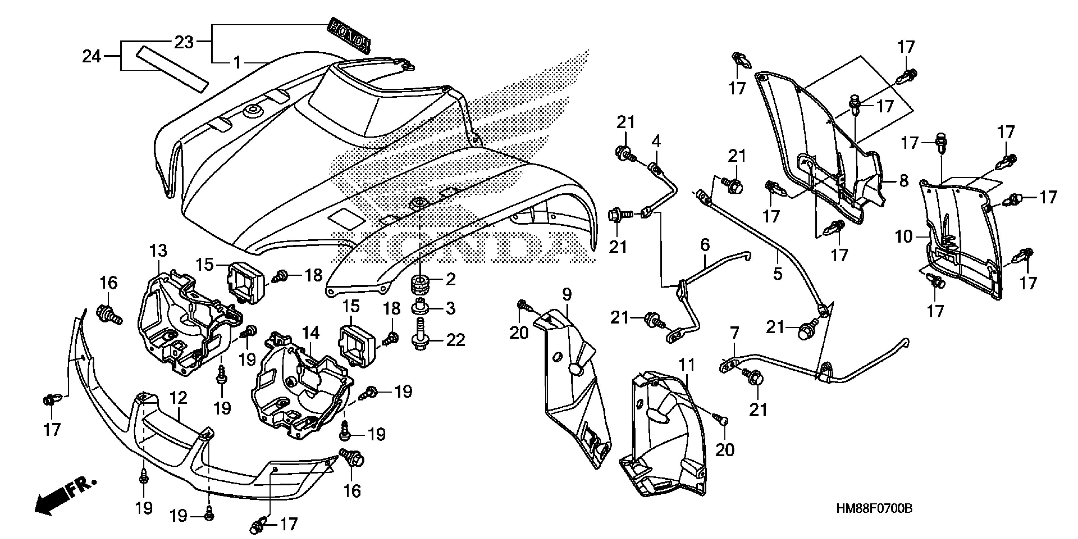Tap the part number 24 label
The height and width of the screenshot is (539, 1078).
pyautogui.click(x=92, y=56)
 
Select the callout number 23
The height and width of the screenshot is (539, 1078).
pyautogui.click(x=184, y=42)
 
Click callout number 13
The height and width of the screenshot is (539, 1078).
pyautogui.click(x=158, y=251)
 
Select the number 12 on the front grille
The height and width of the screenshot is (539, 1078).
pyautogui.click(x=178, y=398)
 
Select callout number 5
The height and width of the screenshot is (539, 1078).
pyautogui.click(x=777, y=274)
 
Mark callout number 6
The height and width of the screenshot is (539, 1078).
pyautogui.click(x=705, y=244)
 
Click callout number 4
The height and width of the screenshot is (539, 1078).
pyautogui.click(x=656, y=141)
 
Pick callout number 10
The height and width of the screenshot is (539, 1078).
pyautogui.click(x=904, y=237)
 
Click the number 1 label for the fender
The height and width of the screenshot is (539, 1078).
pyautogui.click(x=237, y=63)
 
